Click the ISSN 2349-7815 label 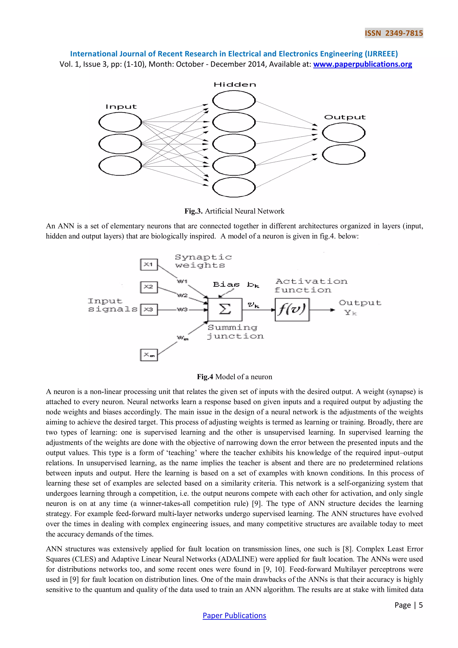pos(394,33)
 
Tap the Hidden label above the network pos(235,85)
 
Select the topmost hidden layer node pos(234,100)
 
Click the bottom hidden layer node pos(234,188)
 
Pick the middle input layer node pos(120,144)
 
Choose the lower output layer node pos(343,154)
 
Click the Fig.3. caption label pos(193,211)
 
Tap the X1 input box pos(149,264)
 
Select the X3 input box pos(149,310)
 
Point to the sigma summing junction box pos(225,310)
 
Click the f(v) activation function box pos(292,310)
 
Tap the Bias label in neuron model pos(226,284)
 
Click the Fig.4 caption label pos(205,377)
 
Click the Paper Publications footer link pos(234,616)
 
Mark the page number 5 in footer pos(420,605)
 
